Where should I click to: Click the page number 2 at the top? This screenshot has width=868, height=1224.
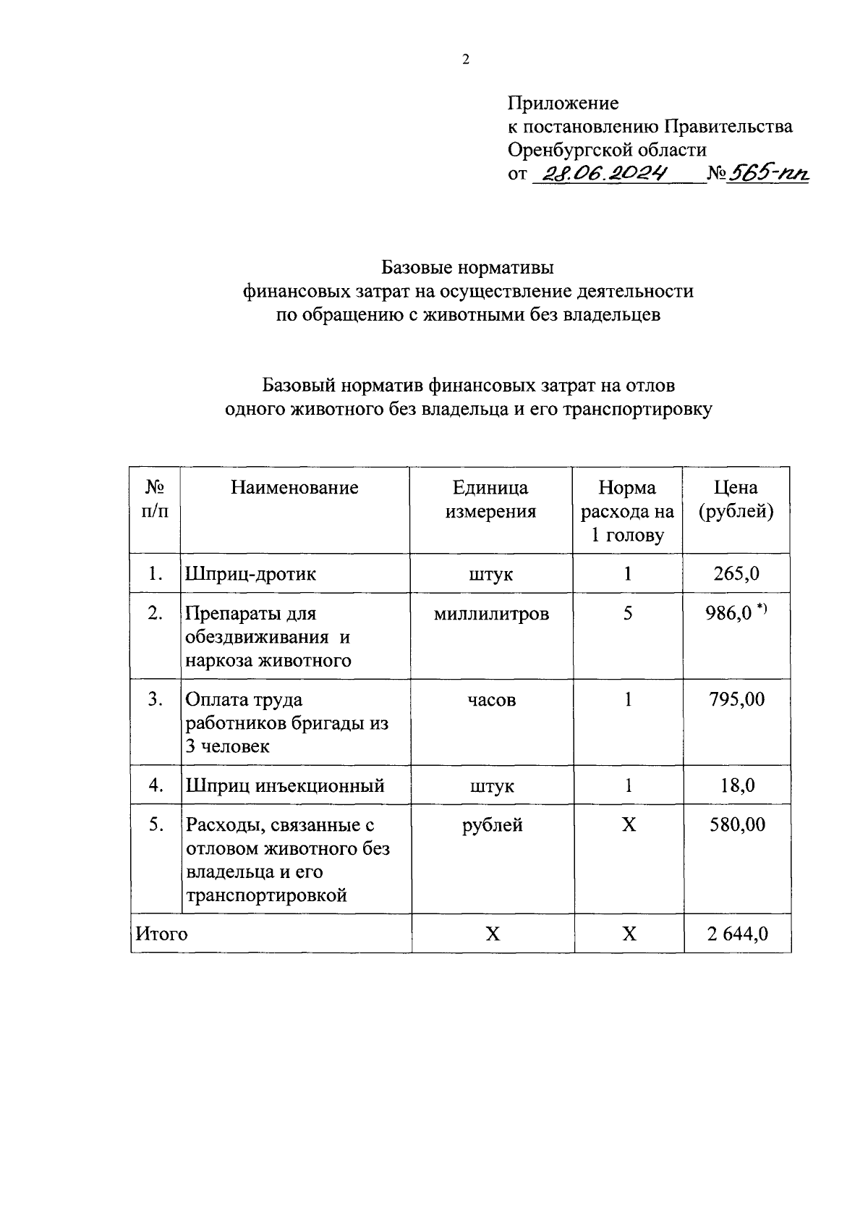[x=465, y=60]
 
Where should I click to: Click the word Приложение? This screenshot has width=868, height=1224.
[x=563, y=103]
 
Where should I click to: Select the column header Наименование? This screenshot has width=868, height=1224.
[x=294, y=488]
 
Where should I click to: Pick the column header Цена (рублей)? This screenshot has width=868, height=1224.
[x=736, y=499]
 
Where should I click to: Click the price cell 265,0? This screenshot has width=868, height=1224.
[x=736, y=574]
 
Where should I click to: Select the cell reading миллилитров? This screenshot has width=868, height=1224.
[x=491, y=614]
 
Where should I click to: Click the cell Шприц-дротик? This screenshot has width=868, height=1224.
[x=251, y=574]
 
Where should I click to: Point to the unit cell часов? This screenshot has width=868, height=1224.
[x=491, y=700]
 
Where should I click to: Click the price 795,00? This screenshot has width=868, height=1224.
[x=736, y=699]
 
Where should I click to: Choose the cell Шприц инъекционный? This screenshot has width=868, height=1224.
[x=285, y=785]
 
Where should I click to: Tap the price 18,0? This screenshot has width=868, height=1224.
[x=737, y=785]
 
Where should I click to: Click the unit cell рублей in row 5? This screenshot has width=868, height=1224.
[x=492, y=824]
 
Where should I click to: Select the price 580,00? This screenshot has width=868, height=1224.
[x=736, y=824]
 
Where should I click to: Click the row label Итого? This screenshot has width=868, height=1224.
[x=161, y=934]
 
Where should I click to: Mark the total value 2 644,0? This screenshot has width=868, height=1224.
[x=737, y=934]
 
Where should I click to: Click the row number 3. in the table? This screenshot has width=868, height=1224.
[x=155, y=699]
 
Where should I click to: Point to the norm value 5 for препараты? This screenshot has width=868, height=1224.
[x=628, y=614]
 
